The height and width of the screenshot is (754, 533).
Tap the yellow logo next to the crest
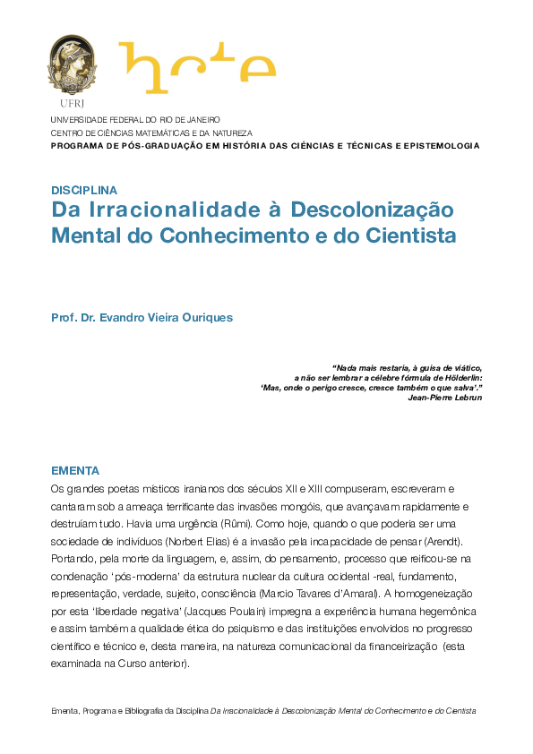197,67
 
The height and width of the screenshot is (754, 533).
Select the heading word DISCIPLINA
84,190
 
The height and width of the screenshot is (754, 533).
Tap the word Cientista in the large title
414,236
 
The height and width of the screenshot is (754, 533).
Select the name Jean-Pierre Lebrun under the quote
444,398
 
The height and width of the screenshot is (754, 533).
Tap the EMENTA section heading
75,471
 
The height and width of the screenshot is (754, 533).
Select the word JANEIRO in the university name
202,119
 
